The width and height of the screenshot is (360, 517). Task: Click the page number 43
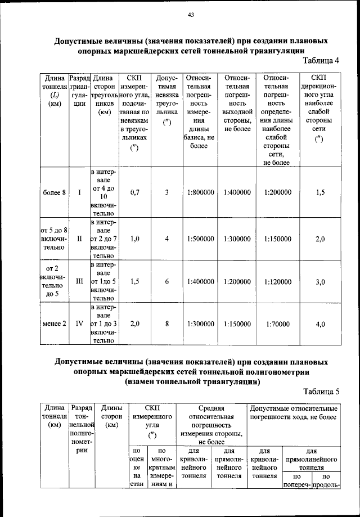pos(191,16)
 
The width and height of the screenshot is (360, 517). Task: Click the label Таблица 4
pos(321,61)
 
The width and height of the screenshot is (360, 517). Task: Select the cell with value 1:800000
pos(200,192)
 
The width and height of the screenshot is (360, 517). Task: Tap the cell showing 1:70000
pos(277,323)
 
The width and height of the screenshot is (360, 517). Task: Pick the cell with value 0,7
pos(134,192)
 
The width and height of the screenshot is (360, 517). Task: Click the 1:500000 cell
pos(200,239)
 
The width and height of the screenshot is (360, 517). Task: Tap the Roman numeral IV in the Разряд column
pos(79,323)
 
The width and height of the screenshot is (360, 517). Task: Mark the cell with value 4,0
pos(320,323)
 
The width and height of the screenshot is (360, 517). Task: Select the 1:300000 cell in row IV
pos(200,323)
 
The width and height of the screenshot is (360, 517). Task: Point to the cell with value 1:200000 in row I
pos(277,192)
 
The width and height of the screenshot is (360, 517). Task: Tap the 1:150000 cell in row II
pos(277,239)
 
